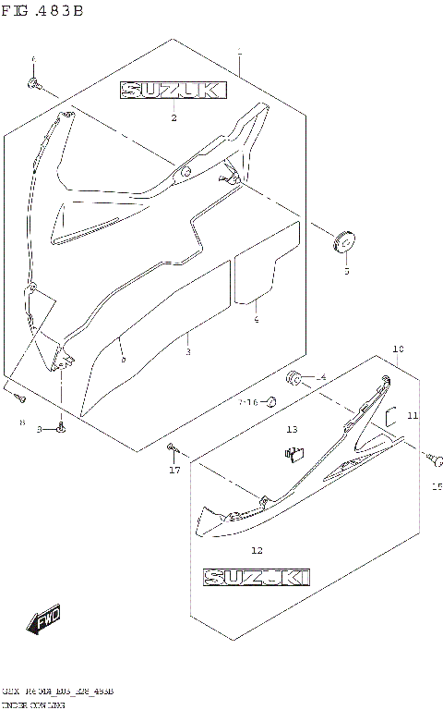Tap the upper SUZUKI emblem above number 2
171,91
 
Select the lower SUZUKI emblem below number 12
257,578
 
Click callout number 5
347,272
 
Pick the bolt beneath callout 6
35,85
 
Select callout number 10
398,349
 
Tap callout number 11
413,416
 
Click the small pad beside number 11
390,416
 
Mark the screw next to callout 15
430,456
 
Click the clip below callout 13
293,452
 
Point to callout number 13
292,430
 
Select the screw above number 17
172,448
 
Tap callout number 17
174,471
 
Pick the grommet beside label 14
295,376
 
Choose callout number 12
257,550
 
